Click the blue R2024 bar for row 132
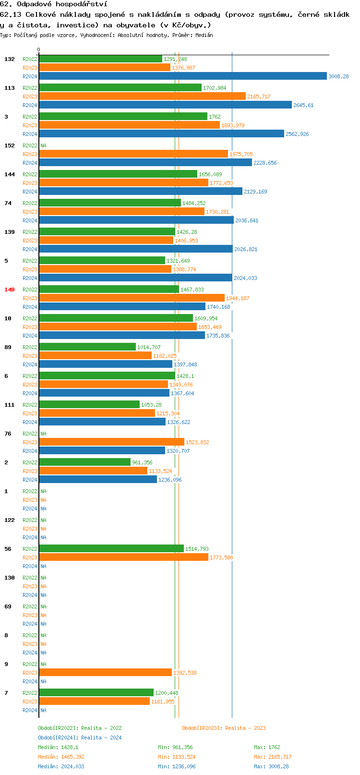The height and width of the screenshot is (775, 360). (182, 76)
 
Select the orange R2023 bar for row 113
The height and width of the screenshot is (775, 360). (142, 97)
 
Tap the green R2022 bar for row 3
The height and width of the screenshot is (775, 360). (123, 117)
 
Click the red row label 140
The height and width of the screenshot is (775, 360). (10, 290)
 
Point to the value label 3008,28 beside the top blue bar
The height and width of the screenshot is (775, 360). (338, 76)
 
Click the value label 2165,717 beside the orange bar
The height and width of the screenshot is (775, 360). (259, 97)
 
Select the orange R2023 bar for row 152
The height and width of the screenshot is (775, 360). (133, 154)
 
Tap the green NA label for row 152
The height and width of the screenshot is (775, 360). (43, 145)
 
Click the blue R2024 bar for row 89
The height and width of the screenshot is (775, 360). (106, 364)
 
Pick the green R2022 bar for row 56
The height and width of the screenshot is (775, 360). (111, 549)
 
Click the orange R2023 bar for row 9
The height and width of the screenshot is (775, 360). (105, 673)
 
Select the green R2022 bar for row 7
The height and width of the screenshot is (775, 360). (96, 693)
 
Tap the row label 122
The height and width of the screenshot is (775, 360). (10, 520)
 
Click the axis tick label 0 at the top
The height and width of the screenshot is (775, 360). (39, 49)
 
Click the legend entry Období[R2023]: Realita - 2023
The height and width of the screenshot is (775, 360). (224, 728)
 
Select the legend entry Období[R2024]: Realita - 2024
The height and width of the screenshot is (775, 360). (80, 738)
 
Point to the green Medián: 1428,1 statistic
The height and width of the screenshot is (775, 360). (58, 747)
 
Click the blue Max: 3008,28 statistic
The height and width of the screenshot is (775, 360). (271, 766)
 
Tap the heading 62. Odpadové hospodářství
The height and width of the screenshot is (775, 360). (53, 4)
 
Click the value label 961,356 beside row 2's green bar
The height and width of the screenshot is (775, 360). (142, 462)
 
